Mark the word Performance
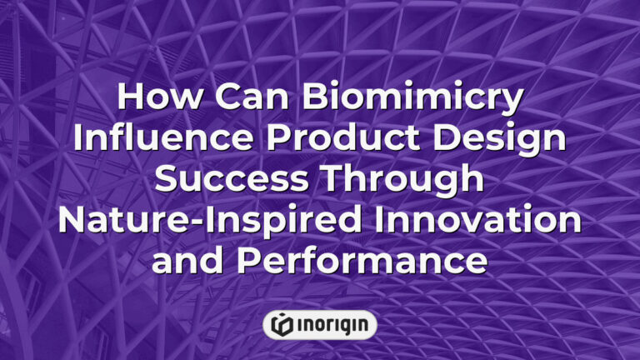coord(361,261)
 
